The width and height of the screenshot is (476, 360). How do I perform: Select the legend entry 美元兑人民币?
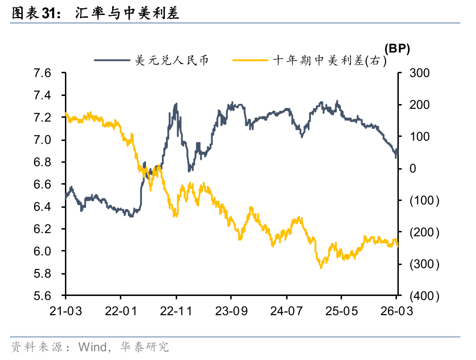click(x=172, y=60)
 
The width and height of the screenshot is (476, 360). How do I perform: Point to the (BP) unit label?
click(x=397, y=49)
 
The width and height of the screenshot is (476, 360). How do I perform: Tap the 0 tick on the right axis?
click(x=413, y=169)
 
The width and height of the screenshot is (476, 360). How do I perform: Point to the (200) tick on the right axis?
click(x=424, y=233)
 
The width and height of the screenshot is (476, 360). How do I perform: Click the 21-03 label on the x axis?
click(x=65, y=311)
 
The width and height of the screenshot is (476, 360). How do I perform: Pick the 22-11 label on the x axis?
click(x=176, y=311)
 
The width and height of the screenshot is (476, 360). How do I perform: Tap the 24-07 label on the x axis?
click(x=287, y=311)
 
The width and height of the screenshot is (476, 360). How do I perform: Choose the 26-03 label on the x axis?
click(x=397, y=311)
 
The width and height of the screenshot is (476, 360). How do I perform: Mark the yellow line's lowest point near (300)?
click(x=321, y=268)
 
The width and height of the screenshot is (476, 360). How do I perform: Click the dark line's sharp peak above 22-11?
click(x=176, y=104)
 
